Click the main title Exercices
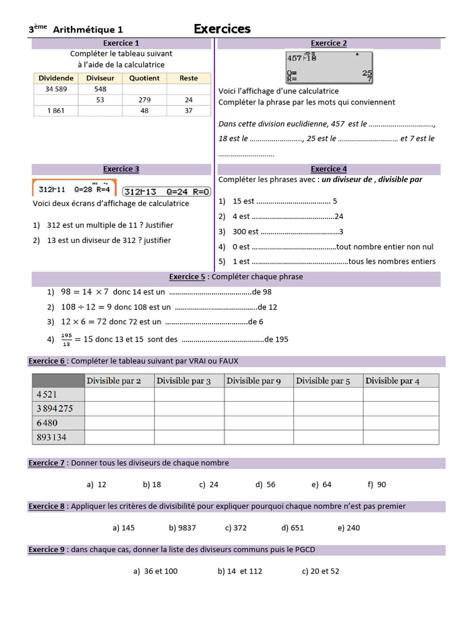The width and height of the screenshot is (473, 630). point(222,29)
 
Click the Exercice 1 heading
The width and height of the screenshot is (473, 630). point(121,43)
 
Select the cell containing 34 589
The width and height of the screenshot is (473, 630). point(55,89)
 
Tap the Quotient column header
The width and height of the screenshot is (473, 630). point(144,78)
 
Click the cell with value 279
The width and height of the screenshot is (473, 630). point(144,100)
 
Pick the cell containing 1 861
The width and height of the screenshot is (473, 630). point(55,111)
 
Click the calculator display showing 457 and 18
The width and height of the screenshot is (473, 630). point(329,66)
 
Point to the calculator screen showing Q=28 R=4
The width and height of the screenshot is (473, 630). point(75,189)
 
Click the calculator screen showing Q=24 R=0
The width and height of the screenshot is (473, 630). point(167,190)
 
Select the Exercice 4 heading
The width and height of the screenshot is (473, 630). point(329,169)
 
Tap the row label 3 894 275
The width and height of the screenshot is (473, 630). point(55,409)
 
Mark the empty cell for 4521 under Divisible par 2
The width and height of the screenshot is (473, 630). point(119,394)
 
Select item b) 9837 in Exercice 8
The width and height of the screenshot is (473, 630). point(182,527)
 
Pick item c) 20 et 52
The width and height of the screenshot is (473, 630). point(320,571)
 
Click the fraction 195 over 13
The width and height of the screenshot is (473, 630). point(67,339)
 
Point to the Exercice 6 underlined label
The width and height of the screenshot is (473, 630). point(47,361)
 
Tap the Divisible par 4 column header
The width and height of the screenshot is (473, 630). point(392,381)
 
